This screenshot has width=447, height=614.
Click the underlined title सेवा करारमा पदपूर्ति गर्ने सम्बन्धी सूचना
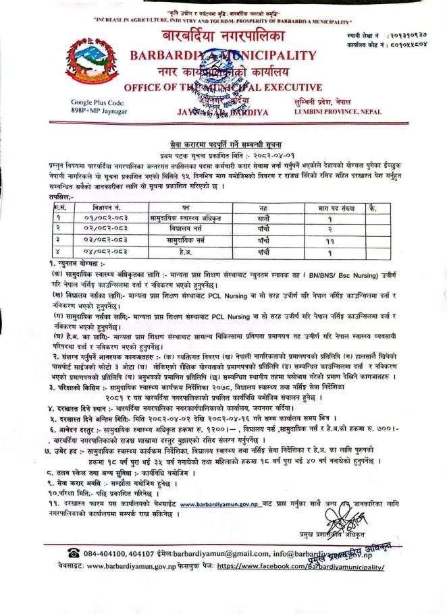coord(224,144)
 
